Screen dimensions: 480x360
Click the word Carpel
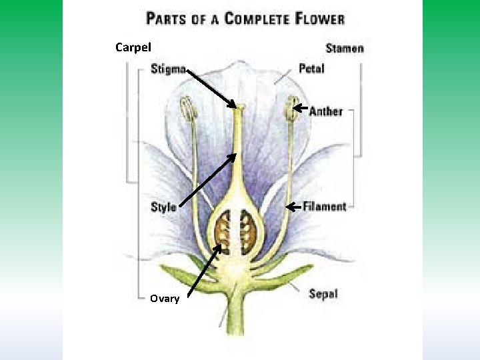tap(133, 47)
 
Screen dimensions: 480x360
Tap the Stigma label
tap(168, 68)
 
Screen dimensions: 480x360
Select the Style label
tap(163, 207)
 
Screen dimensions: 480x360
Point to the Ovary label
tap(164, 299)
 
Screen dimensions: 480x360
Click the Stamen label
tap(345, 48)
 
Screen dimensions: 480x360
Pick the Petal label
tap(311, 68)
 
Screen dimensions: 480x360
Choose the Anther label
tap(325, 111)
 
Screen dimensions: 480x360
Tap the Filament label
tap(325, 207)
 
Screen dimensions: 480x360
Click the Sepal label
tap(323, 293)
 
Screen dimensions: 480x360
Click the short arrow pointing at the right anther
tap(299, 107)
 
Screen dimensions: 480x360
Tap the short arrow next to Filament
tap(293, 207)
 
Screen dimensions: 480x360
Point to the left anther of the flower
tap(187, 109)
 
